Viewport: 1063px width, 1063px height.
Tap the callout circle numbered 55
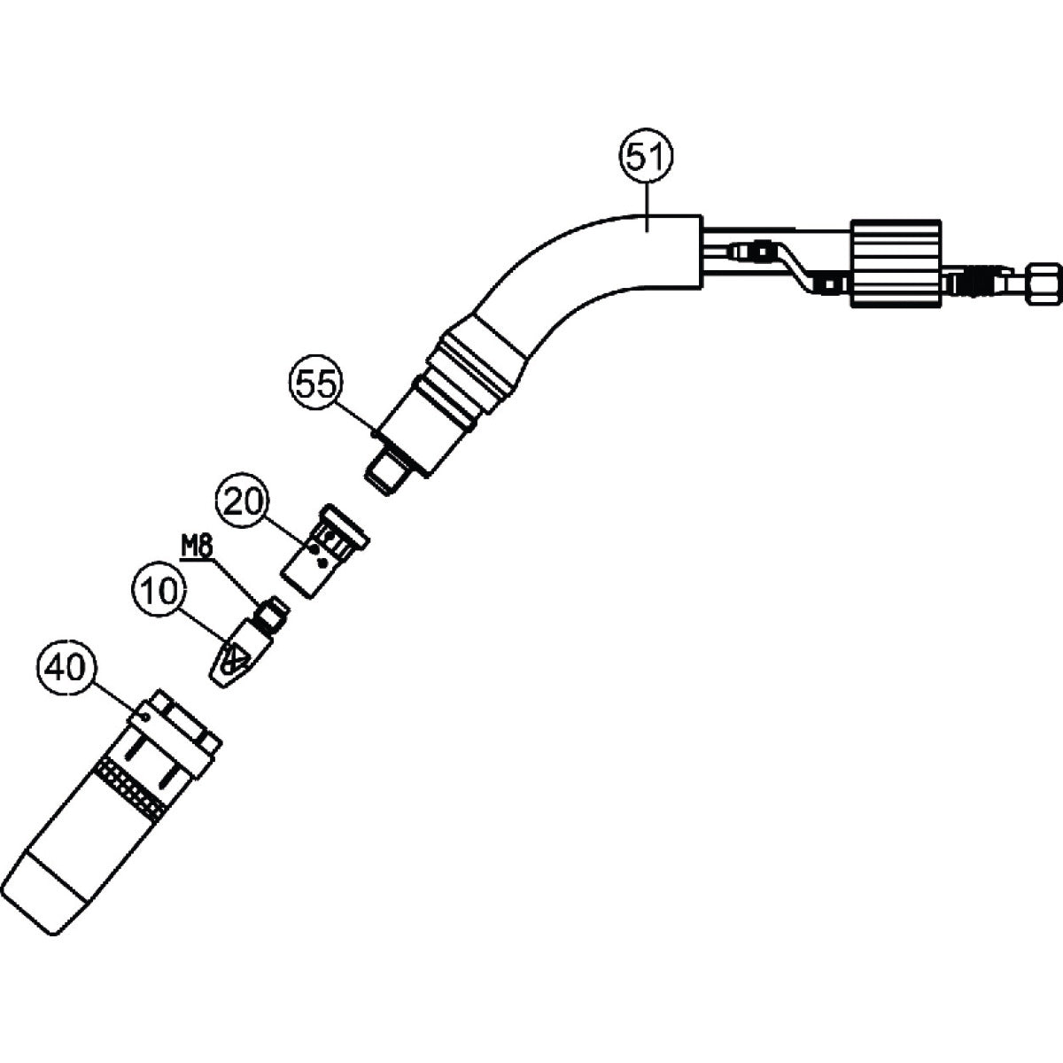(x=316, y=384)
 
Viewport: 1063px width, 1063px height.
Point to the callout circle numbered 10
(x=159, y=591)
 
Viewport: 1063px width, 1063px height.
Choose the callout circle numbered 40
(x=66, y=668)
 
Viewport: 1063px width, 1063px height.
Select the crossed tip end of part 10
(x=232, y=663)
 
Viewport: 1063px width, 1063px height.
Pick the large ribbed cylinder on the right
(x=896, y=263)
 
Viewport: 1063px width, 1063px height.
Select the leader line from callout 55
(x=355, y=418)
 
